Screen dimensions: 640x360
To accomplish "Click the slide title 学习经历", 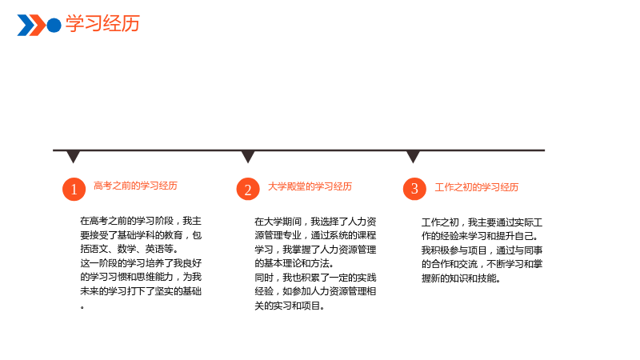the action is pos(103,23).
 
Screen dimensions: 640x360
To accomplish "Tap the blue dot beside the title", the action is pos(54,26).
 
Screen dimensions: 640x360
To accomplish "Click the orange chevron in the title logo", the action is pos(38,26).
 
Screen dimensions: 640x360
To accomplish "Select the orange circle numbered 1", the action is pos(74,189).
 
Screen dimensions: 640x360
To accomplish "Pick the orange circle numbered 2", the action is pos(248,189).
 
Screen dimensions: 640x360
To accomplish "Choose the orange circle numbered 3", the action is pos(414,189).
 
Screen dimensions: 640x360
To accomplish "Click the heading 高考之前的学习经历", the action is pos(135,186).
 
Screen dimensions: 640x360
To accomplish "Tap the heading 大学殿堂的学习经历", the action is pos(310,186).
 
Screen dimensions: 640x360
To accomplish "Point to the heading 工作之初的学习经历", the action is pos(476,187).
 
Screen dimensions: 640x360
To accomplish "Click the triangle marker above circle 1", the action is pos(73,156).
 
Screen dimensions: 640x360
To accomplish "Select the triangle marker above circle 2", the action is pos(248,156).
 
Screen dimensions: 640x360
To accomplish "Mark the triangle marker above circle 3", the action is pos(413,156).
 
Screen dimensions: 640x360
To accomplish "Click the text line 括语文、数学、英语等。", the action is pos(129,249).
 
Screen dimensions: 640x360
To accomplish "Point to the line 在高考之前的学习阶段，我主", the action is pos(141,221).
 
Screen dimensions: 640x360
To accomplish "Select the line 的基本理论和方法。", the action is pos(294,263).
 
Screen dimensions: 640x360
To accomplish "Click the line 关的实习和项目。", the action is pos(290,306).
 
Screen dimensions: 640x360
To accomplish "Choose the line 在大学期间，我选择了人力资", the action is pos(315,222).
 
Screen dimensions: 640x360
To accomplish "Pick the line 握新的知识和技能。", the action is pos(461,278).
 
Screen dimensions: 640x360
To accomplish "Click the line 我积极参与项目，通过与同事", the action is pos(482,250).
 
